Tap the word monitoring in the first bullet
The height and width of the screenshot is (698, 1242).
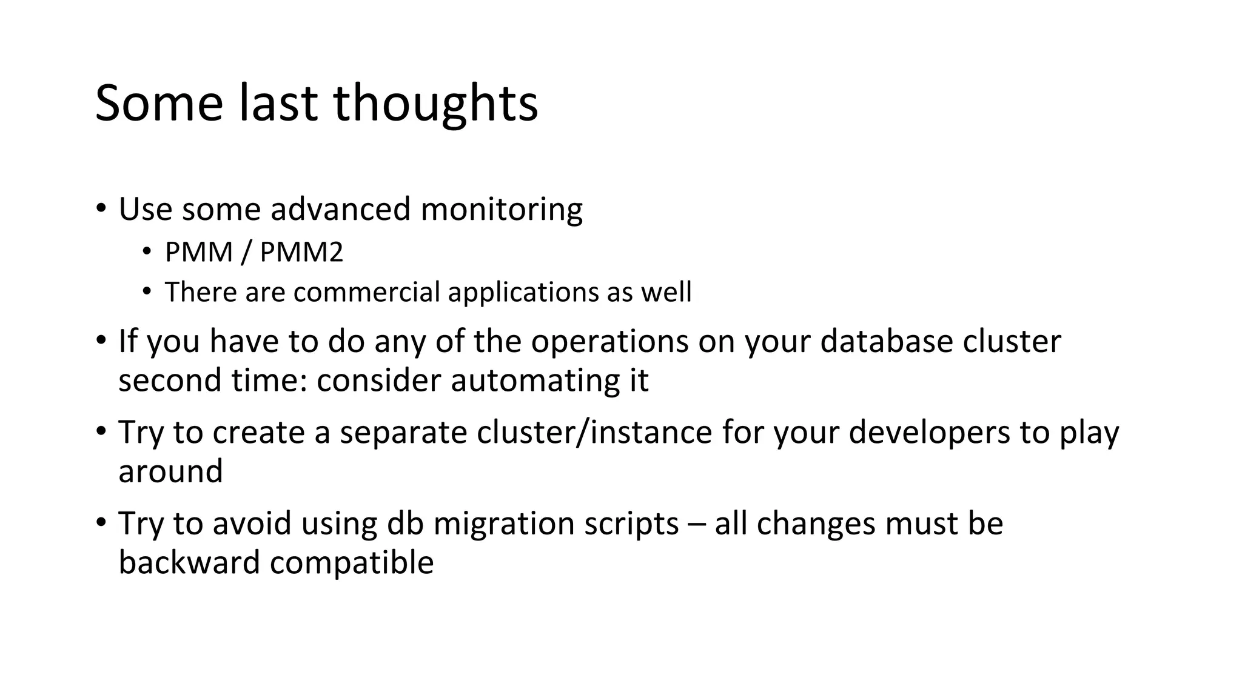pyautogui.click(x=501, y=210)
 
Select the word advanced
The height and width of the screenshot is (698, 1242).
pyautogui.click(x=340, y=210)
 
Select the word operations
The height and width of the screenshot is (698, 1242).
pyautogui.click(x=609, y=342)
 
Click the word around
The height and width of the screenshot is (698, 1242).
pyautogui.click(x=170, y=471)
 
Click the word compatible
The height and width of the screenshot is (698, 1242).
pyautogui.click(x=352, y=563)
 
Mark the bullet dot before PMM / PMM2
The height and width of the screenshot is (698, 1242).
pyautogui.click(x=146, y=251)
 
